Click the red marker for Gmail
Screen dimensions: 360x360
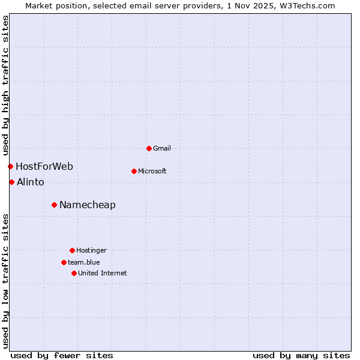click(x=149, y=148)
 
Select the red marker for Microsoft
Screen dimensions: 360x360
click(x=134, y=171)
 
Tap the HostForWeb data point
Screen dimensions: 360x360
click(x=10, y=166)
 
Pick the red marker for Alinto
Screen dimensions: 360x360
click(x=11, y=182)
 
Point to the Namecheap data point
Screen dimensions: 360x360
click(x=54, y=205)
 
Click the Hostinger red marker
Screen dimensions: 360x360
click(x=72, y=250)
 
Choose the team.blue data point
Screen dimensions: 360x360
click(x=64, y=262)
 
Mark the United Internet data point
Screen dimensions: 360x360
click(x=74, y=273)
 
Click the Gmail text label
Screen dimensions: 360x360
click(x=162, y=148)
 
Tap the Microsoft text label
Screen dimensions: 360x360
click(x=152, y=171)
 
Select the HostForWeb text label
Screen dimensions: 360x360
click(x=44, y=166)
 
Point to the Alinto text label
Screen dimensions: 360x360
click(x=31, y=182)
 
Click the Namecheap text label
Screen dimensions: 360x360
click(x=88, y=205)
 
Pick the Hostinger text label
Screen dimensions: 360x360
click(x=91, y=250)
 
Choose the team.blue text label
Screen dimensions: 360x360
click(x=84, y=262)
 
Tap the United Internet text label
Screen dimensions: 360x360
click(x=103, y=273)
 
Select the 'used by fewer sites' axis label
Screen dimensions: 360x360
click(x=62, y=355)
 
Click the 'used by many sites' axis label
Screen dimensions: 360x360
click(x=301, y=355)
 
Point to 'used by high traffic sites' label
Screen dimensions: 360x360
click(x=5, y=85)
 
